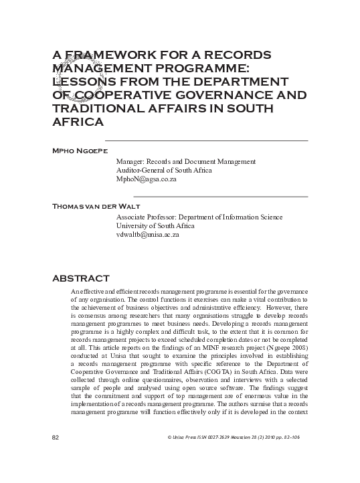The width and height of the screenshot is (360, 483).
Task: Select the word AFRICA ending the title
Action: pyautogui.click(x=77, y=122)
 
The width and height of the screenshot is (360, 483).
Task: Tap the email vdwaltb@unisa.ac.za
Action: pyautogui.click(x=148, y=235)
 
